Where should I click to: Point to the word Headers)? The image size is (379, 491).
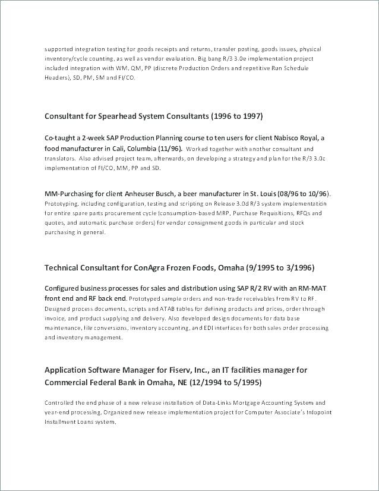coord(57,78)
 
